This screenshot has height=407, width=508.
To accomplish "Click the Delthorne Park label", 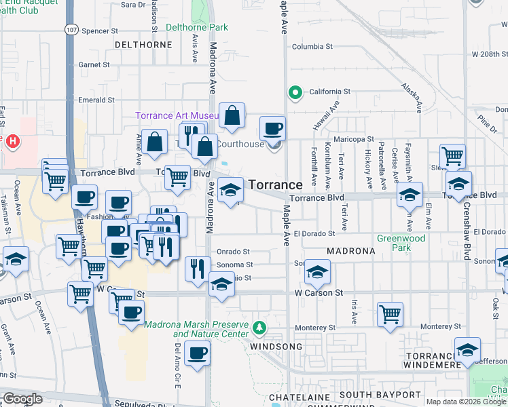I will pyautogui.click(x=197, y=28).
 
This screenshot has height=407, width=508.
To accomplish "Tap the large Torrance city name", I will pyautogui.click(x=275, y=185).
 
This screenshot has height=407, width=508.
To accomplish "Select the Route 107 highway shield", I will pyautogui.click(x=71, y=30).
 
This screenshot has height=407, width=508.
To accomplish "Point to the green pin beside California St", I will pyautogui.click(x=295, y=92).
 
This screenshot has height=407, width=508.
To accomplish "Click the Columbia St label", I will pyautogui.click(x=312, y=47).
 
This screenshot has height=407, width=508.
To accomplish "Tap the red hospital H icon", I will pyautogui.click(x=12, y=141).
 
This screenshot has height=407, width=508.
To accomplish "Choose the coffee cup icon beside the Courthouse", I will pyautogui.click(x=273, y=128).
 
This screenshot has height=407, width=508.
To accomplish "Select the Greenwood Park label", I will pyautogui.click(x=402, y=243).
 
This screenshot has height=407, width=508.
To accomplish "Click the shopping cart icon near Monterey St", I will pyautogui.click(x=390, y=314).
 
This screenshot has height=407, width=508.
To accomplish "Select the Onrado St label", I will pyautogui.click(x=234, y=251).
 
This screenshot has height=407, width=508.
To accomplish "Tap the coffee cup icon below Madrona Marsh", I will pyautogui.click(x=197, y=353).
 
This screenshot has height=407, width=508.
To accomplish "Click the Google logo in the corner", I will pyautogui.click(x=22, y=399).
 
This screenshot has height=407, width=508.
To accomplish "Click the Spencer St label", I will pyautogui.click(x=95, y=31).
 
